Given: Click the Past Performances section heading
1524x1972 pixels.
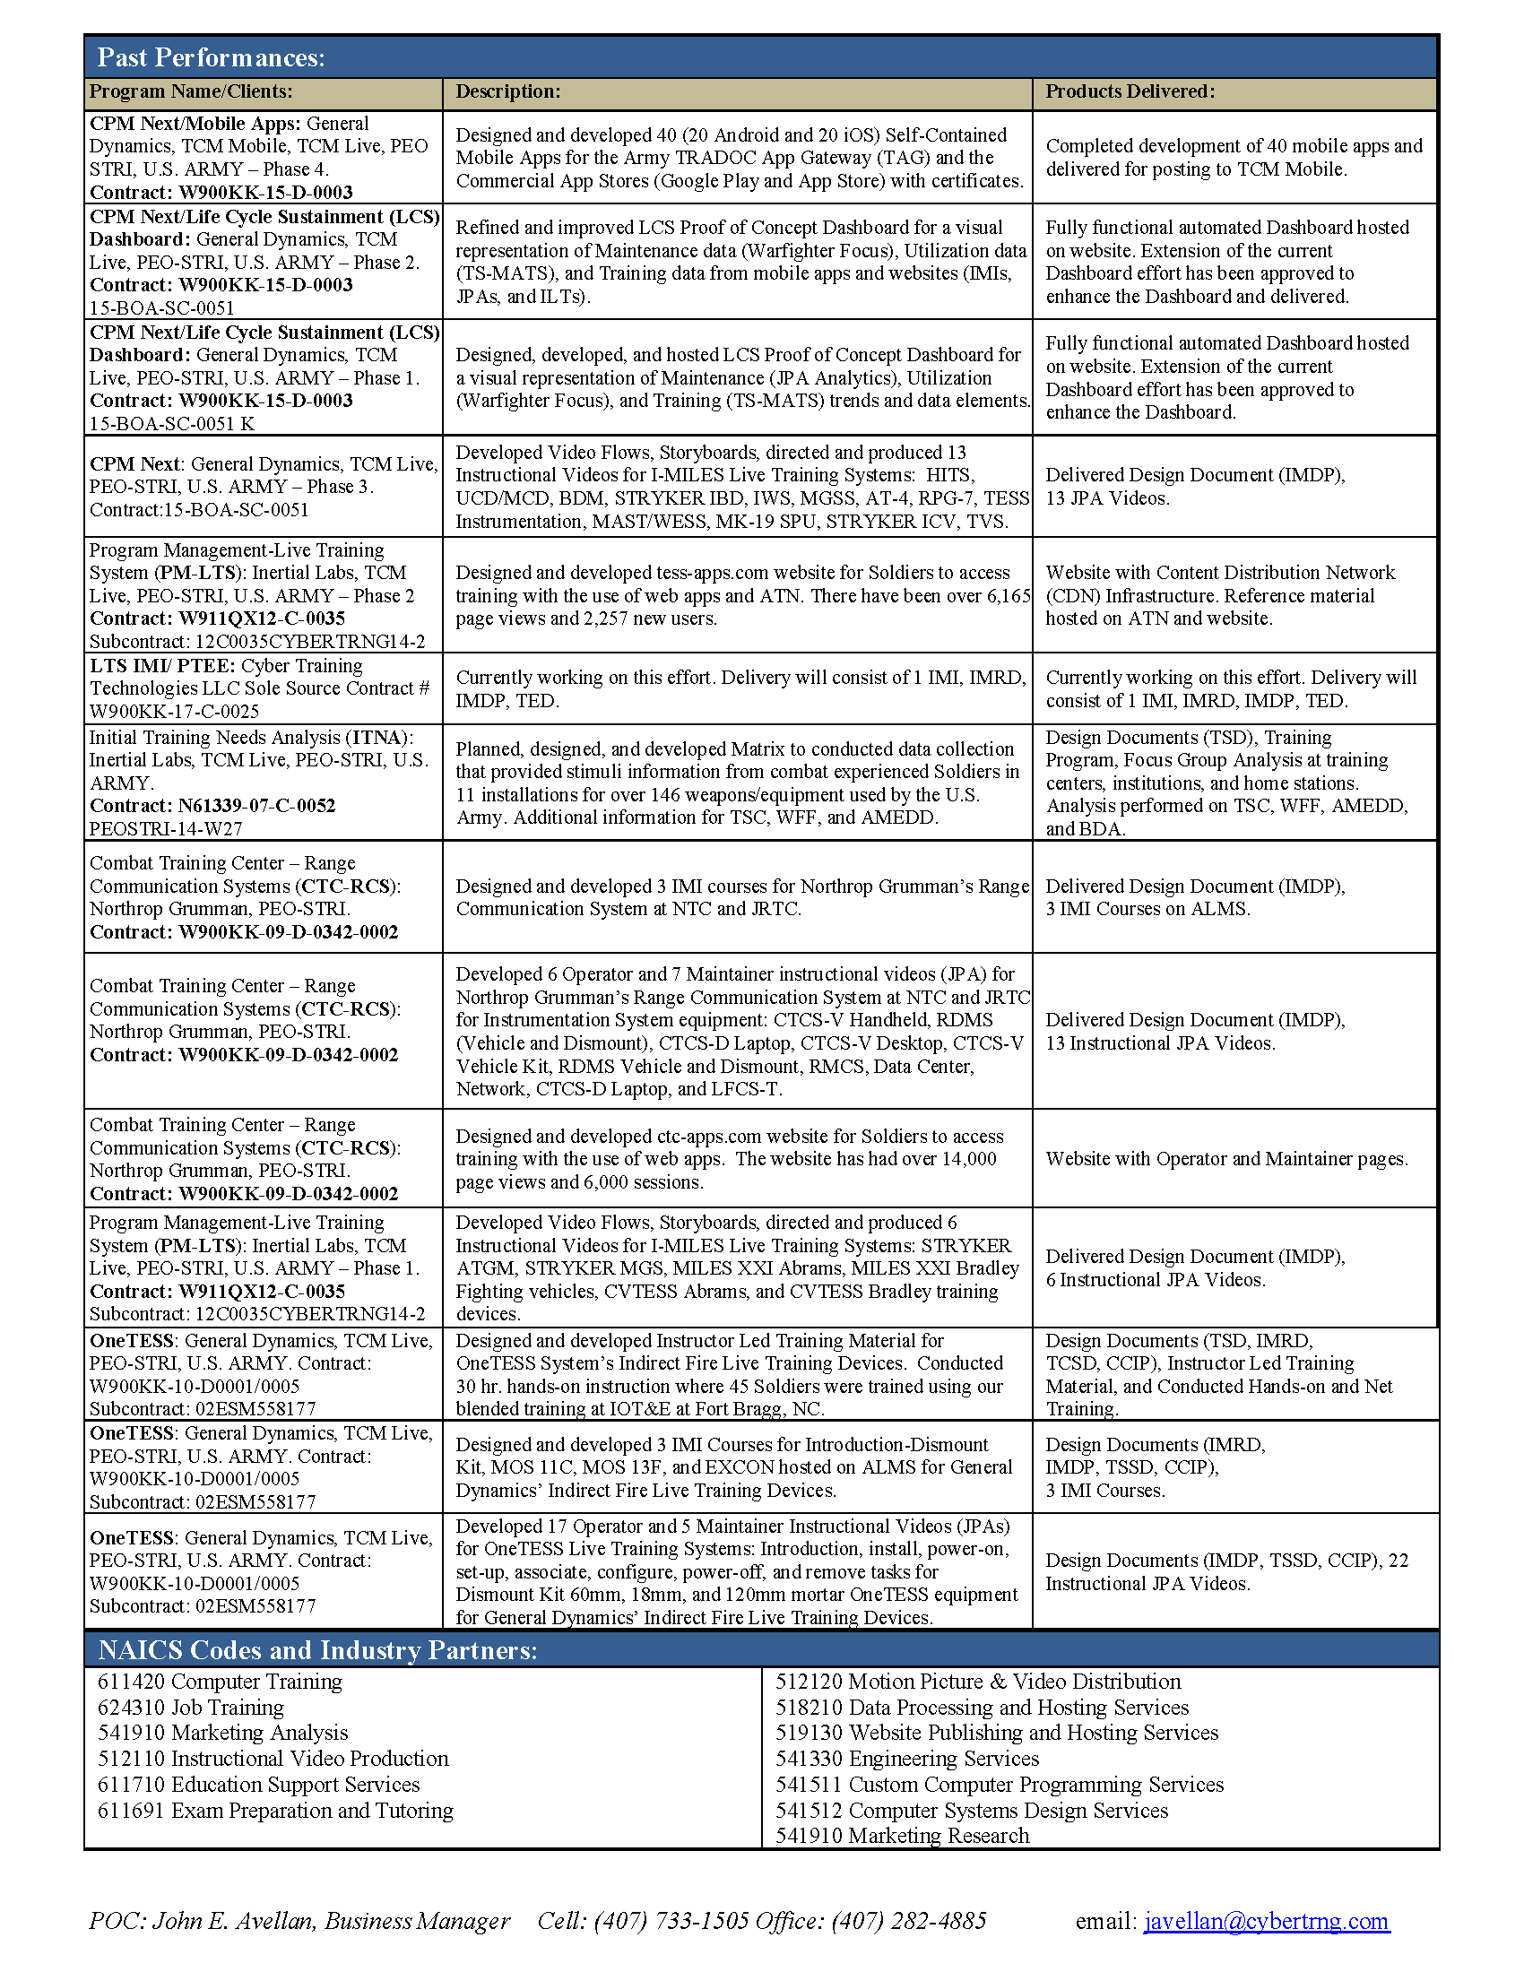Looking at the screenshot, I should tap(211, 57).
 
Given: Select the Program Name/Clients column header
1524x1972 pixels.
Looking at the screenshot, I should tap(190, 91).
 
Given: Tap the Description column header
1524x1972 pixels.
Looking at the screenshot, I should tap(507, 91).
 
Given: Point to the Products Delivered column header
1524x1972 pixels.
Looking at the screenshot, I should tap(1130, 91).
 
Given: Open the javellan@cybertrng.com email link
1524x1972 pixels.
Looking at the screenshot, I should tap(1266, 1921).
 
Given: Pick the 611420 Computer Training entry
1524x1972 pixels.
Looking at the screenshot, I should tap(220, 1682).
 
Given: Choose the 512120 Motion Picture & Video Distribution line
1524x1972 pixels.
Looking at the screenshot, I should tap(978, 1682).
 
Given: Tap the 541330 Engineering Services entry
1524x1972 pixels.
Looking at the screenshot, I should tap(907, 1758).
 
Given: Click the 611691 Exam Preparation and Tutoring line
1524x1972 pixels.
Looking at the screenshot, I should tap(275, 1811).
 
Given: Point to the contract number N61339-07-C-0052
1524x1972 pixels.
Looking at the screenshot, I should tap(256, 806).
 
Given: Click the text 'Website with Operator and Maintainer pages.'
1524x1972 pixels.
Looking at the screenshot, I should tap(1226, 1158).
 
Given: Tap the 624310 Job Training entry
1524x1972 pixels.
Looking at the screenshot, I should tap(190, 1708).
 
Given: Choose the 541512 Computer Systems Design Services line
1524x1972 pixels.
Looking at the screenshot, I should tap(972, 1811).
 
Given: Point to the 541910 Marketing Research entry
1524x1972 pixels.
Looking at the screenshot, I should tap(902, 1836).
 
